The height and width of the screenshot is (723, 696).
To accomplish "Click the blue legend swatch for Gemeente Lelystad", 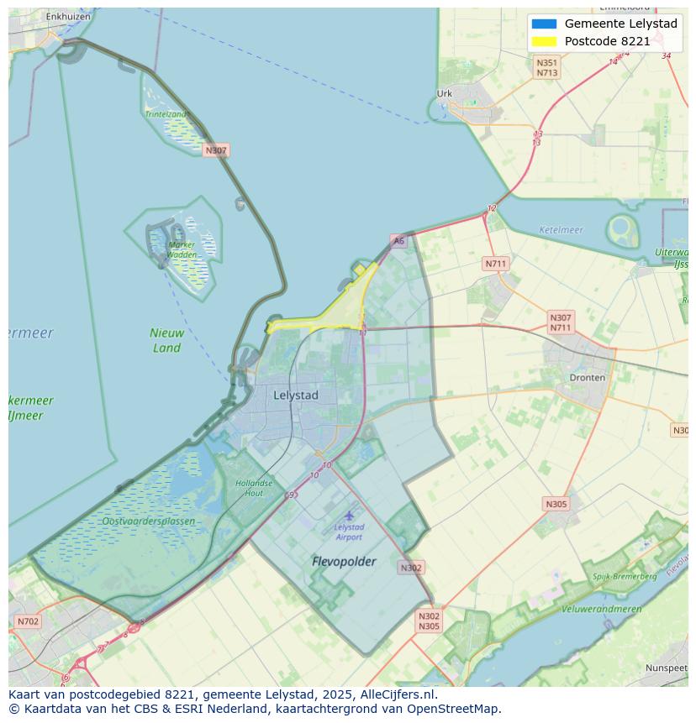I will [544, 24].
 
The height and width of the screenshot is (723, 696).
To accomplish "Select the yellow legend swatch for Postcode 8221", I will [544, 41].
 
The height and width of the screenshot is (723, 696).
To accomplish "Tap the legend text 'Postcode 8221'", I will [607, 41].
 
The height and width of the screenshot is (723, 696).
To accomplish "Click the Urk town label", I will [445, 94].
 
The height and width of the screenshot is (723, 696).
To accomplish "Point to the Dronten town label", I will [587, 378].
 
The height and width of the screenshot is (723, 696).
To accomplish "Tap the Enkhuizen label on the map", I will [68, 16].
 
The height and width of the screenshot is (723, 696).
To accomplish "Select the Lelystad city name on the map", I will [296, 395].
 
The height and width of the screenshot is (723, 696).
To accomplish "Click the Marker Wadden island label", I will [182, 249].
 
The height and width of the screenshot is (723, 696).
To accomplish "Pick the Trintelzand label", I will [166, 113].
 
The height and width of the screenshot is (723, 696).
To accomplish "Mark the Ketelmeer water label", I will [560, 229].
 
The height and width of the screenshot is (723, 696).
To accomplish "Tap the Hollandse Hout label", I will [254, 488].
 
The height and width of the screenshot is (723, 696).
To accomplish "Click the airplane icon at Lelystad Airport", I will [349, 515].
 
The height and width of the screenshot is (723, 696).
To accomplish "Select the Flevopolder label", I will [344, 561].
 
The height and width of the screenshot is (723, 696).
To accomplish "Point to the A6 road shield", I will [398, 241].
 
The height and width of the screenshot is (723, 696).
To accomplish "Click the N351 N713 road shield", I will [547, 68].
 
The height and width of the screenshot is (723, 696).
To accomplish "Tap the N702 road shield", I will [27, 621].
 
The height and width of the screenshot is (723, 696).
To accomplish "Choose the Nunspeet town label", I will [666, 668].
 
